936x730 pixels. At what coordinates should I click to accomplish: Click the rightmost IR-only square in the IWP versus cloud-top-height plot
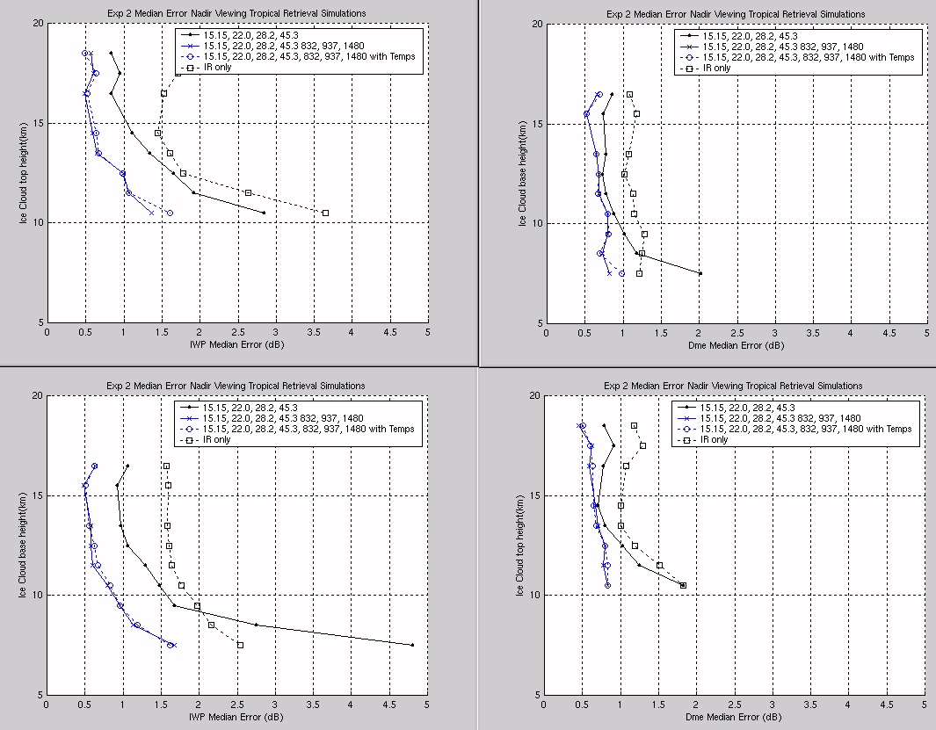[x=325, y=213]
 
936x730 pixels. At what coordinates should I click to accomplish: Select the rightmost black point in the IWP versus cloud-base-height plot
[x=412, y=645]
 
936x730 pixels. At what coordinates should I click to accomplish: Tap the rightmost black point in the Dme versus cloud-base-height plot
[x=700, y=273]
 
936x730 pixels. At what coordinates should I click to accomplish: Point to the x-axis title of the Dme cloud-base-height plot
[x=736, y=345]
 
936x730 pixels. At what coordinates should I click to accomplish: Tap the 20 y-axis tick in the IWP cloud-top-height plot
[x=38, y=23]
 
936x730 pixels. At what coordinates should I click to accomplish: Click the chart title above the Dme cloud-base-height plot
[x=736, y=14]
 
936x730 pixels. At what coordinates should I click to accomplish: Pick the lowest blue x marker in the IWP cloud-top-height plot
[x=151, y=213]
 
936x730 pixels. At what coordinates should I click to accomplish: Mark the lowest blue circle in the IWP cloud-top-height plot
[x=171, y=213]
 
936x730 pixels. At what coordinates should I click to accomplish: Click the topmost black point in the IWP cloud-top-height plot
[x=111, y=53]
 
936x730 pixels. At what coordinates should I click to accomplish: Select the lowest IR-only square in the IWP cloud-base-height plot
[x=240, y=645]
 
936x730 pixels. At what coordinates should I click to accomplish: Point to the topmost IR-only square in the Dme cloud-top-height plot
[x=634, y=425]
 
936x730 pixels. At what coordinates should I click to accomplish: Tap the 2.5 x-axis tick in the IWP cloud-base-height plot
[x=236, y=705]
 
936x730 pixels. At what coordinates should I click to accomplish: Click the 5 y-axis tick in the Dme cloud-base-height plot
[x=541, y=323]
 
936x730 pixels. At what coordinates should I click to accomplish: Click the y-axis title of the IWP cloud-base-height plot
[x=23, y=546]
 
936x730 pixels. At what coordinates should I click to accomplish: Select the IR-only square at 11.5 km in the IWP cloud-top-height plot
[x=249, y=192]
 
